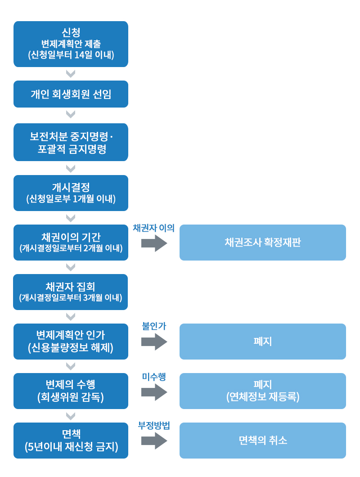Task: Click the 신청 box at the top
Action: click(x=71, y=44)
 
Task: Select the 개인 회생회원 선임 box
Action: click(x=71, y=94)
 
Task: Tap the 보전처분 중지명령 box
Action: click(x=71, y=142)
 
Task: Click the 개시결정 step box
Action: click(x=71, y=193)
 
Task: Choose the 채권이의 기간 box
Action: click(x=71, y=242)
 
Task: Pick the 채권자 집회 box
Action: click(x=71, y=292)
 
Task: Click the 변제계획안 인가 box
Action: click(x=71, y=341)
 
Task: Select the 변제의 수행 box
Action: click(x=71, y=391)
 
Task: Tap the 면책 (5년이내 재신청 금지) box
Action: click(x=71, y=440)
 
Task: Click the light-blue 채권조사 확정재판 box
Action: click(x=262, y=242)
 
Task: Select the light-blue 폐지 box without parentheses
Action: click(x=262, y=341)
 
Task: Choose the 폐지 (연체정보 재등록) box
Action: click(x=262, y=391)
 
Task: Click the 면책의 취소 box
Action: click(x=262, y=440)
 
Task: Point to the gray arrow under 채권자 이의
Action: click(x=154, y=243)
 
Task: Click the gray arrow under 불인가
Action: click(x=154, y=342)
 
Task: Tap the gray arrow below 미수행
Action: click(x=154, y=392)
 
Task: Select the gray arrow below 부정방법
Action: click(x=154, y=441)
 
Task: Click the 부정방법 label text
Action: click(x=154, y=426)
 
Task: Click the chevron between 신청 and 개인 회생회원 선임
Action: click(x=71, y=74)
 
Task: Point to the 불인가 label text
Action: click(x=154, y=326)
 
